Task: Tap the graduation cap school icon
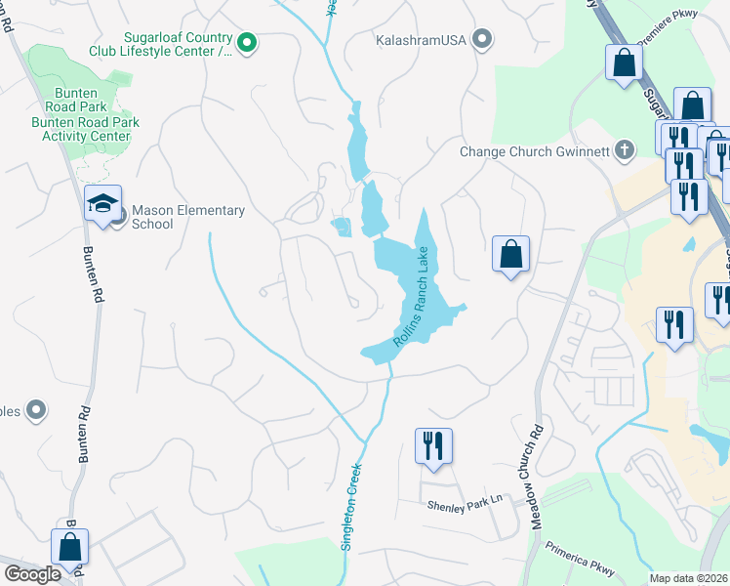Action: pos(102,203)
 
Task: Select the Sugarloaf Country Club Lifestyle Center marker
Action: pos(247,42)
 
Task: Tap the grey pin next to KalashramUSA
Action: pos(481,40)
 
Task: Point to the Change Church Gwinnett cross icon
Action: pos(626,150)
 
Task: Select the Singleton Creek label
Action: pos(352,506)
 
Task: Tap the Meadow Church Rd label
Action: pos(536,477)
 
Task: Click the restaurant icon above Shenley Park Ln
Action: pos(431,445)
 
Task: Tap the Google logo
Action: pos(32,574)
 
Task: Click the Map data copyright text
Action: pos(689,578)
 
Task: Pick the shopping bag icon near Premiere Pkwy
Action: pos(623,63)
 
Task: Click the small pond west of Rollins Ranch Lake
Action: pos(342,227)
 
